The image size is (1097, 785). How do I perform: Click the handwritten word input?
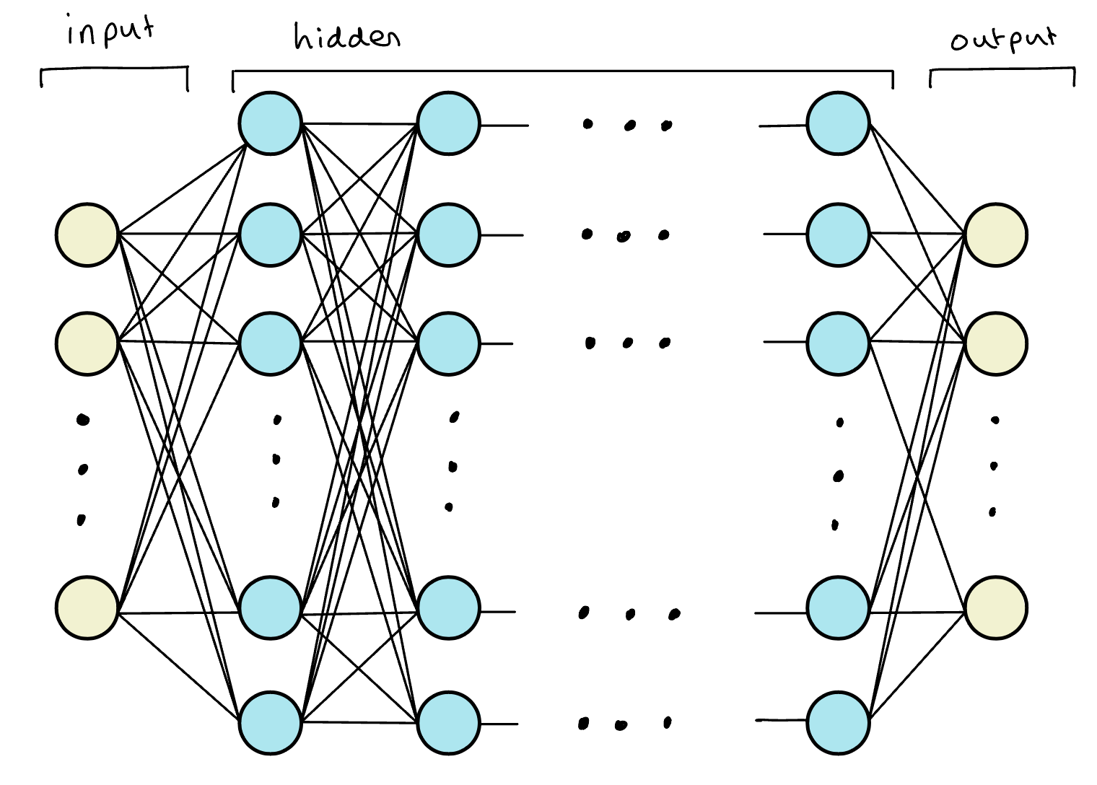click(x=110, y=32)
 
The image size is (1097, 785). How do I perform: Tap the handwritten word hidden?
click(x=346, y=36)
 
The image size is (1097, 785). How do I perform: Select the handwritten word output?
click(x=1003, y=39)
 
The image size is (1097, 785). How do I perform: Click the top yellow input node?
click(x=87, y=234)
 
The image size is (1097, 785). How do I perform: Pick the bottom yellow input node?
click(x=87, y=608)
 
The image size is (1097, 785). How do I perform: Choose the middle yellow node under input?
click(x=87, y=343)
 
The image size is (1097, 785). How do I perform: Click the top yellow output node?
click(x=996, y=234)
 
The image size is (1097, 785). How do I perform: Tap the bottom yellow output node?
click(x=996, y=608)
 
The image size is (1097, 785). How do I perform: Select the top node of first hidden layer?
click(x=270, y=123)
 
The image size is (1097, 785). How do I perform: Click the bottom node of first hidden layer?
click(x=270, y=723)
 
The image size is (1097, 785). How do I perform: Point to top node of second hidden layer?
click(x=448, y=123)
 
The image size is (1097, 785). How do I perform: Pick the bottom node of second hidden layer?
click(x=448, y=723)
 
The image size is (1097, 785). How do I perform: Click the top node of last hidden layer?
click(x=838, y=123)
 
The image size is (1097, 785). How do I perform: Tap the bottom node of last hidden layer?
click(x=838, y=723)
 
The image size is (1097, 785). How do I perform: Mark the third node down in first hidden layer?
click(x=270, y=343)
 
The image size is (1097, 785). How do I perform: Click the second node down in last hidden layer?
click(x=838, y=234)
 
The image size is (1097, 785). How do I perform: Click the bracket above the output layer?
click(x=1002, y=70)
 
